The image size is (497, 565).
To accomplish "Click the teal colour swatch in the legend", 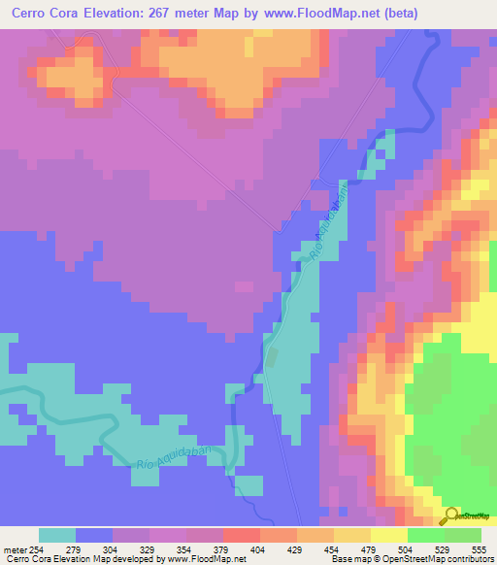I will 57,534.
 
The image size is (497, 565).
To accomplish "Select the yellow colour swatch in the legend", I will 388,534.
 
